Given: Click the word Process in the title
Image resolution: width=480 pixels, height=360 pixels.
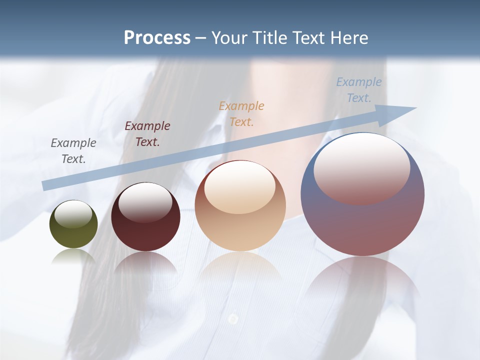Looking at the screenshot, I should pyautogui.click(x=157, y=38).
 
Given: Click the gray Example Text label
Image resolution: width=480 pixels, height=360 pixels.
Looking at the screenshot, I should pyautogui.click(x=73, y=151).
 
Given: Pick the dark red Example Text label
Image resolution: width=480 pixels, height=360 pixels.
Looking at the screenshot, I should pyautogui.click(x=147, y=134).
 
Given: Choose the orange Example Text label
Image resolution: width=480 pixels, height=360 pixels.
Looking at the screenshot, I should pyautogui.click(x=241, y=114).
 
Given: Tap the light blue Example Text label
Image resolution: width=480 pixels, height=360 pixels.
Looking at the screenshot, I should pyautogui.click(x=358, y=90).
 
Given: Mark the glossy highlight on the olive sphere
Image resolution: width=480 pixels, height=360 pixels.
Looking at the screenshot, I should pyautogui.click(x=73, y=214).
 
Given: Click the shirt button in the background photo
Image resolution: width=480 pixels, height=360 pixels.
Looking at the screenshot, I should pyautogui.click(x=233, y=318).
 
